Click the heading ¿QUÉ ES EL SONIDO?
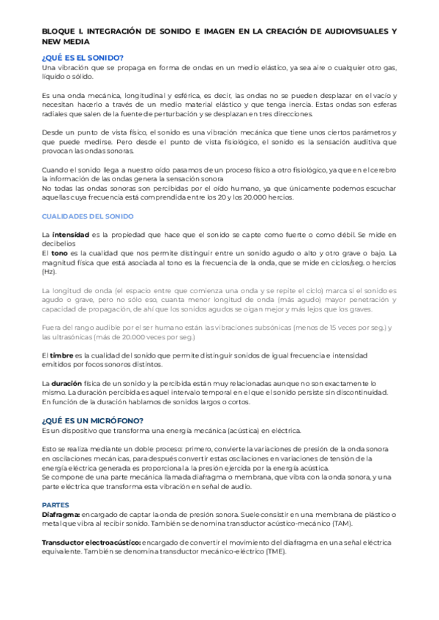point(83,58)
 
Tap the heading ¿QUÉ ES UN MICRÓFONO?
point(92,420)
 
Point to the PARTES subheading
point(56,484)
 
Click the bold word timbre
point(63,355)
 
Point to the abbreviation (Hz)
point(50,271)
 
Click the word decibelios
point(59,243)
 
